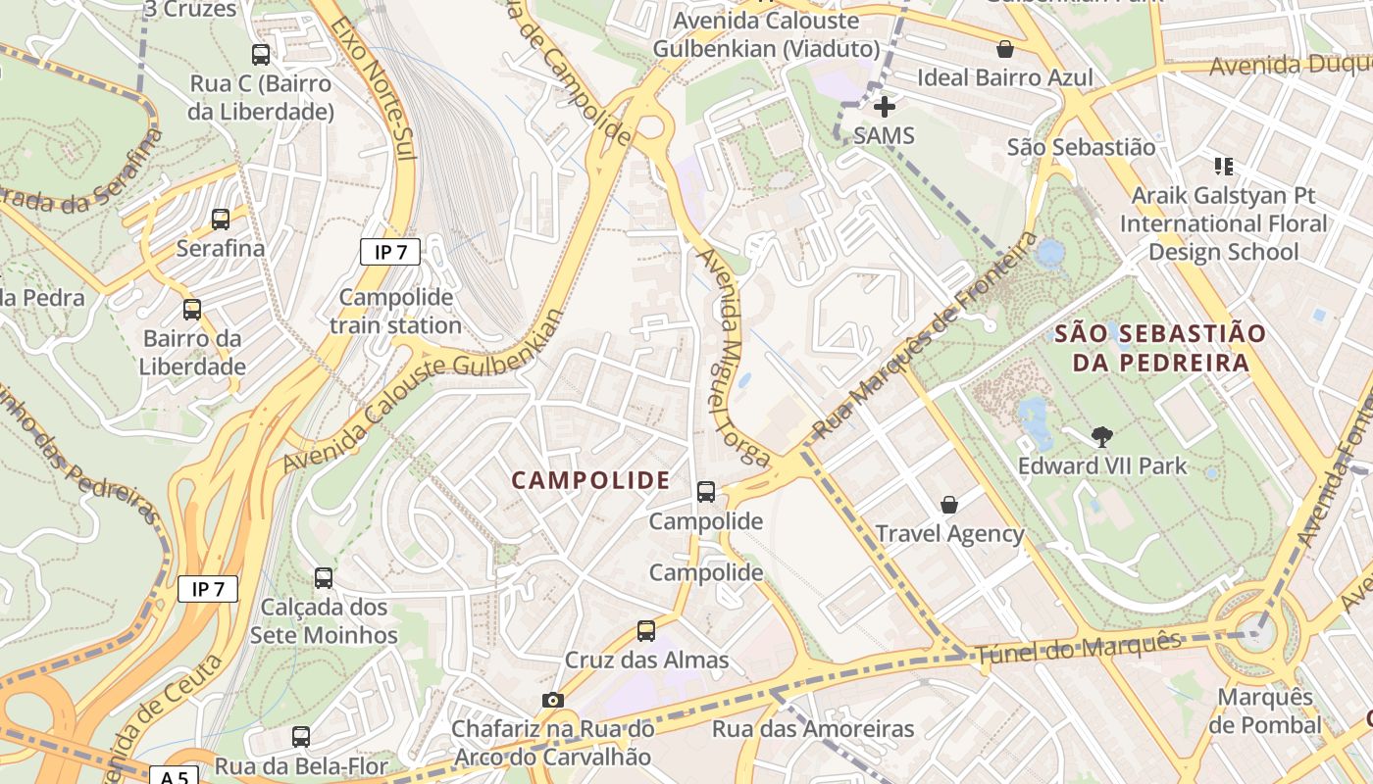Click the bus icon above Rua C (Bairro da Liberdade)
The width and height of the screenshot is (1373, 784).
click(261, 55)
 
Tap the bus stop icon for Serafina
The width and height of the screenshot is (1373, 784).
click(221, 220)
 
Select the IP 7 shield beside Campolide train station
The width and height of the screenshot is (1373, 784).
click(390, 252)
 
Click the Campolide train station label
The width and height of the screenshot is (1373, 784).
click(396, 311)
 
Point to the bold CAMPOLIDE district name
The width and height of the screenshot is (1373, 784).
click(591, 480)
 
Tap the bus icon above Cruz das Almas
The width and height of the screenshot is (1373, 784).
click(646, 631)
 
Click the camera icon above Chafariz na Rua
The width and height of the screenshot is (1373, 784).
click(553, 700)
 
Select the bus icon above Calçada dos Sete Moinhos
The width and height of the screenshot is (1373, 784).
click(324, 578)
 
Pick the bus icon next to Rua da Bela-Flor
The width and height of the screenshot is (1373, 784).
click(301, 737)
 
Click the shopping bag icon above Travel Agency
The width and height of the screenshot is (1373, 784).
click(949, 505)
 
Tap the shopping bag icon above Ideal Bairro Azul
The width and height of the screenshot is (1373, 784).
click(1004, 49)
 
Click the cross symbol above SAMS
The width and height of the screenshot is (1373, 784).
click(885, 106)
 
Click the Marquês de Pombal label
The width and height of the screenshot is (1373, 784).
click(1265, 711)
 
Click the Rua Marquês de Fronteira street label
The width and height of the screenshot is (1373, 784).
click(926, 336)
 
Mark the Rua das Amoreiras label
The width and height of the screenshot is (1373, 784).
click(813, 729)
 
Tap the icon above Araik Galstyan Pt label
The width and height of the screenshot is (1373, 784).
click(1223, 167)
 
